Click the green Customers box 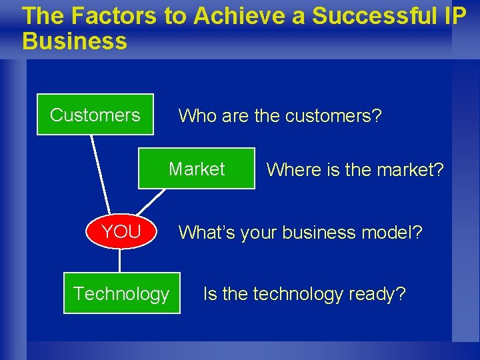95,115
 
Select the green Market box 197,169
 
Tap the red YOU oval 121,232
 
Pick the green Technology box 121,293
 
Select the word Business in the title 74,41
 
